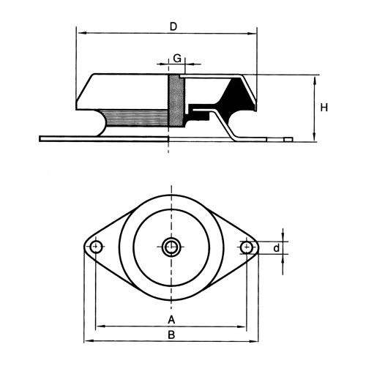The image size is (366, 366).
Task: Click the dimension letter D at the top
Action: pos(173,26)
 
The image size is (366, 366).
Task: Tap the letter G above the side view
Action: pos(177,59)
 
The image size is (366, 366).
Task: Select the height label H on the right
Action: pos(324,108)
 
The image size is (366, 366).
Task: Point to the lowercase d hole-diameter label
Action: pos(276,248)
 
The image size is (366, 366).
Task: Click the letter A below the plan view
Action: pos(171,319)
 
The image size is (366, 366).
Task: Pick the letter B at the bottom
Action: pos(171,335)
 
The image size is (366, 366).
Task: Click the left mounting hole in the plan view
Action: pos(96,247)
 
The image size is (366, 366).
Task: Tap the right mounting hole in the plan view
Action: pos(247,247)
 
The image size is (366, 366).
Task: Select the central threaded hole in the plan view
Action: pos(171,247)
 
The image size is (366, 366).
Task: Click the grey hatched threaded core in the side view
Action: pos(176,100)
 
